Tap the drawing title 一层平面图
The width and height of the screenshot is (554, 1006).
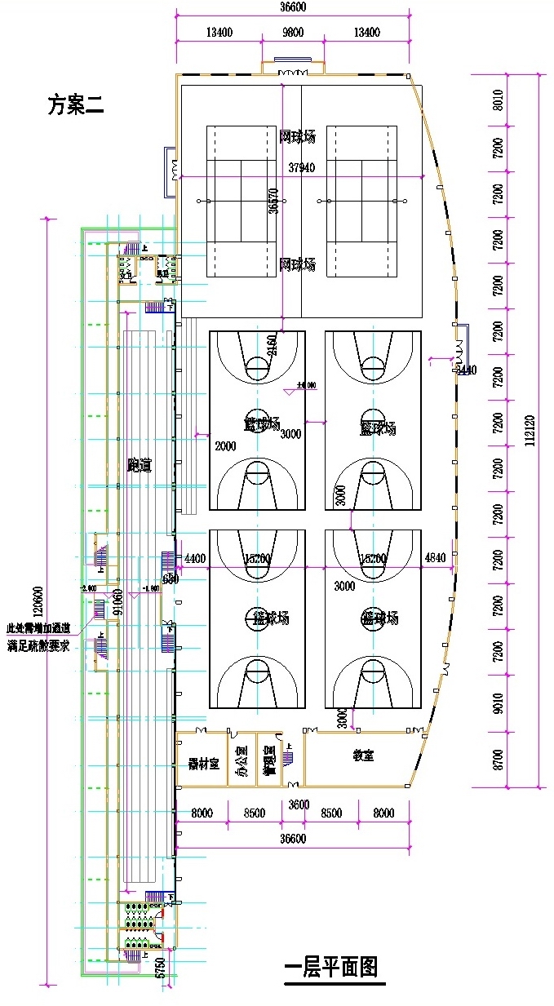[331, 968]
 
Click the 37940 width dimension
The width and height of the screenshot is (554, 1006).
[301, 167]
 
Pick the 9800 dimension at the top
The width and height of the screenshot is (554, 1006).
[293, 33]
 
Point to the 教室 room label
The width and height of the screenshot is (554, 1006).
[363, 756]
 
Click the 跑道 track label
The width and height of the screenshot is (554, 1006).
[140, 465]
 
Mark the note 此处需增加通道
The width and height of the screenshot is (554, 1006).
[38, 628]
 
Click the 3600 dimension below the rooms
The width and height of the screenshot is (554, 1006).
[299, 804]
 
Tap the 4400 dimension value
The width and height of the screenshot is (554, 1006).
[195, 559]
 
